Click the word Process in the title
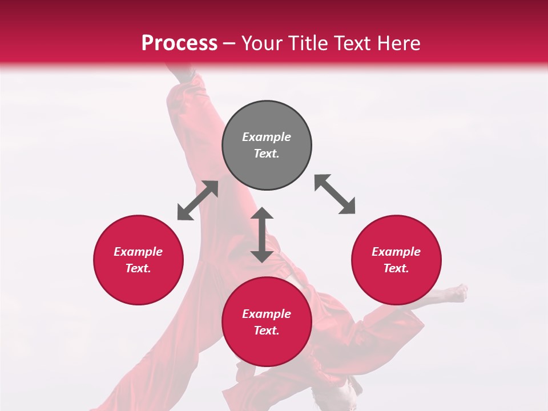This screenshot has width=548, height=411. click(x=179, y=43)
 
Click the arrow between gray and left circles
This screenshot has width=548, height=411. click(x=198, y=200)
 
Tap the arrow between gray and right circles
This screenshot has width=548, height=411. click(x=335, y=194)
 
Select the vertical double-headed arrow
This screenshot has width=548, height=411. click(x=262, y=235)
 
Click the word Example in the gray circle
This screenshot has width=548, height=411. click(x=267, y=137)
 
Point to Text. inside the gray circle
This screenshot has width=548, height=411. click(x=267, y=154)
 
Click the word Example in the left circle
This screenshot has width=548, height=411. click(x=138, y=252)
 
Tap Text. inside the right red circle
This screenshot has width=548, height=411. click(x=396, y=268)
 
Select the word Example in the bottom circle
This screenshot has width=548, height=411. click(x=267, y=314)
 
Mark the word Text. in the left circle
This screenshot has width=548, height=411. click(x=138, y=268)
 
